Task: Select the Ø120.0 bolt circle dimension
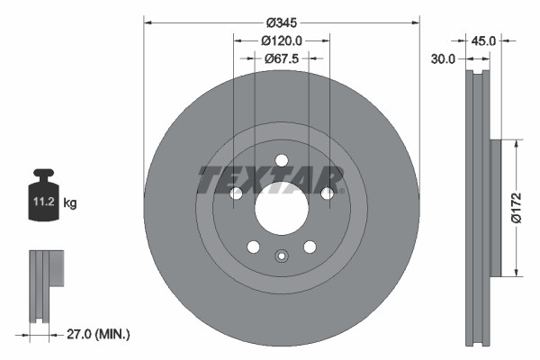tap(281, 40)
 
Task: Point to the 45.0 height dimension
tap(483, 40)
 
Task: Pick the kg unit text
tap(70, 203)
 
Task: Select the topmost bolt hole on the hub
tap(281, 161)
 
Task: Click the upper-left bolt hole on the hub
tap(236, 193)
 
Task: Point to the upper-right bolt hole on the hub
tap(327, 193)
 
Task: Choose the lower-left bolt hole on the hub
tap(253, 247)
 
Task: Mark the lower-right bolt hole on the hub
tap(310, 247)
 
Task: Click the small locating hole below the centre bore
tap(281, 255)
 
